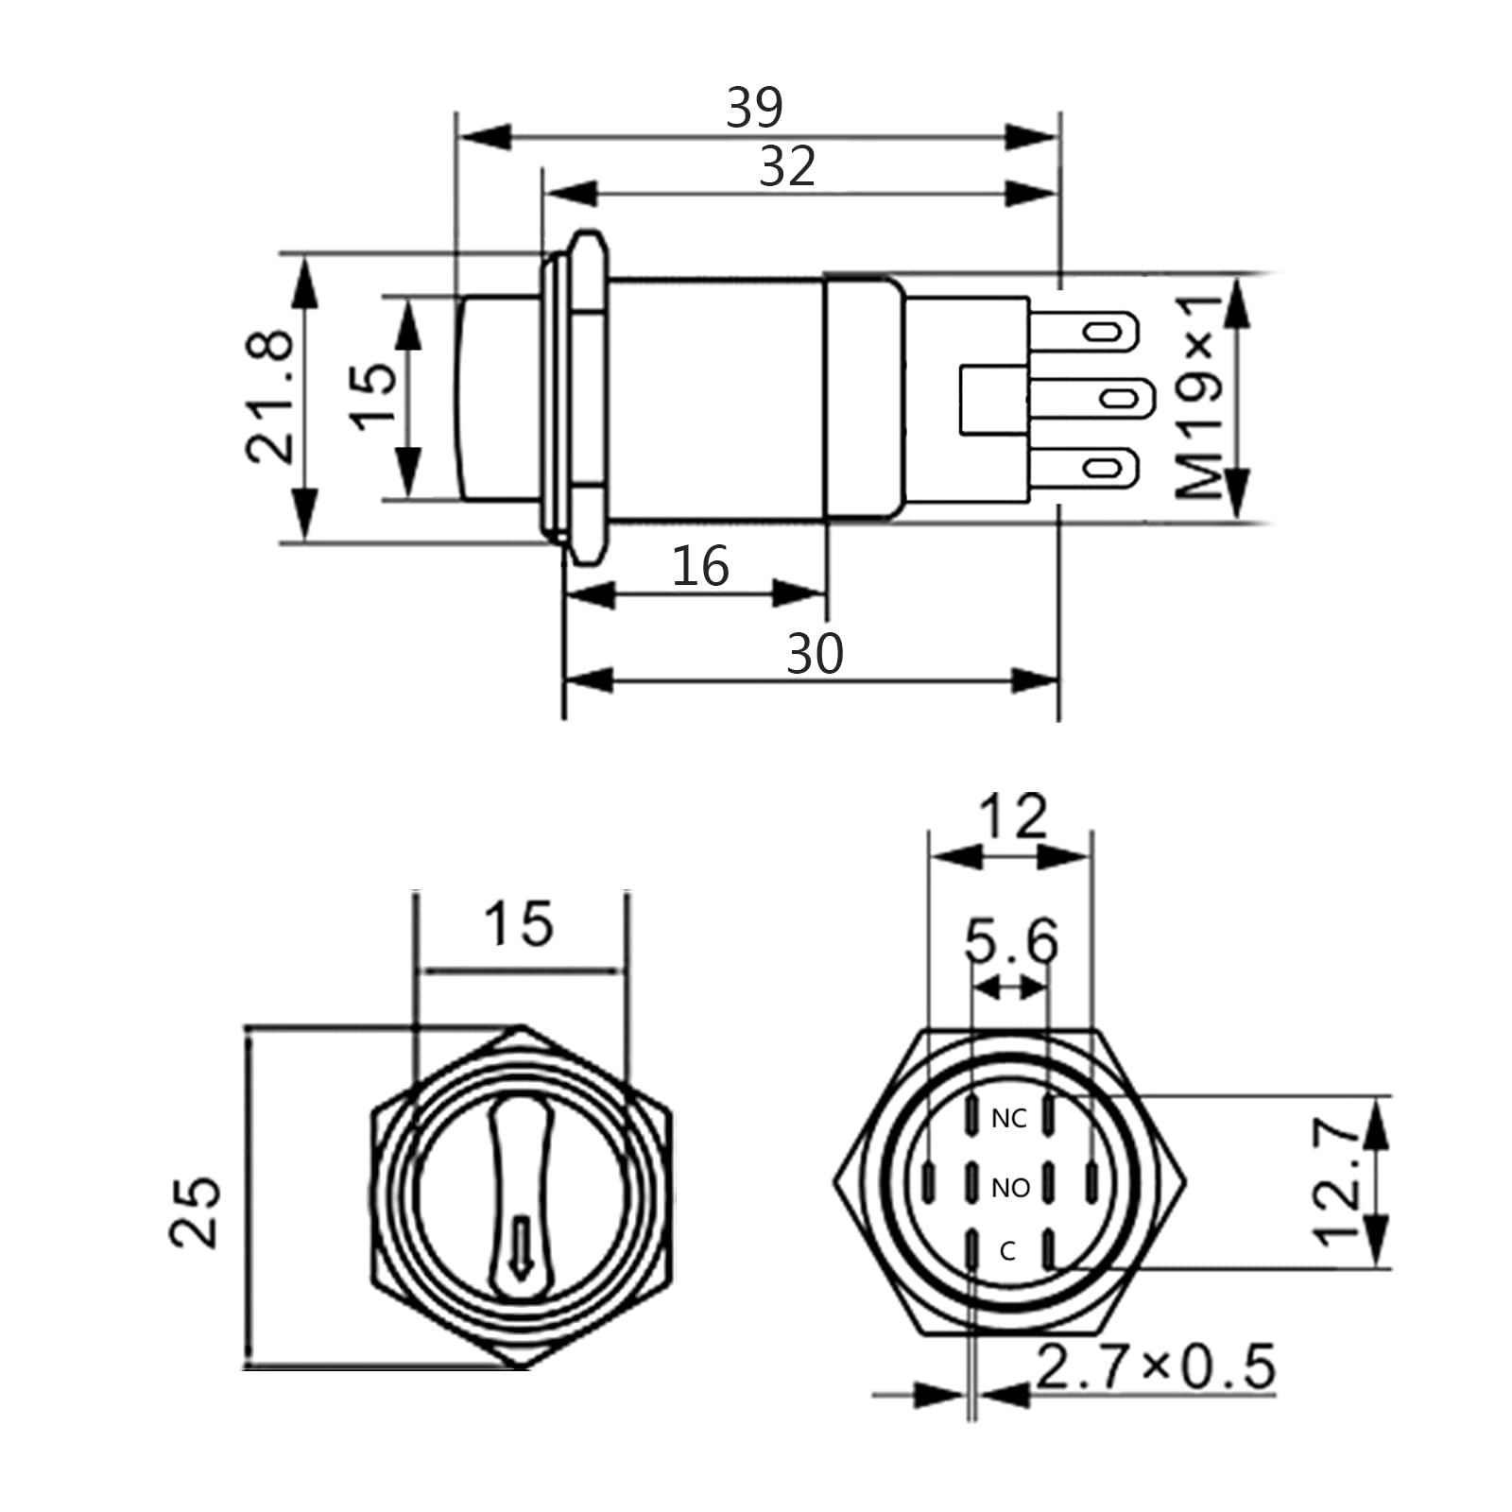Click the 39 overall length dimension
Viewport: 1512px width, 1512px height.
pos(754,108)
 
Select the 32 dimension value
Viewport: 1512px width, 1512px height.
pos(786,167)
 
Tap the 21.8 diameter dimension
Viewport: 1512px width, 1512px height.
pos(270,396)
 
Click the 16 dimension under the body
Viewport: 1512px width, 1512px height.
pos(700,567)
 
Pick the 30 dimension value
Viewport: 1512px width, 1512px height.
pos(814,654)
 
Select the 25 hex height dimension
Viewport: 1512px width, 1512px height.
pos(196,1211)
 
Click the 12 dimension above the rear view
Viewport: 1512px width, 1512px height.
pos(1012,817)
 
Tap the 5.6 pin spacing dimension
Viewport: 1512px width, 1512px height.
pos(1011,941)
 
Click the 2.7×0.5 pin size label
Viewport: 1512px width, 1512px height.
pos(1156,1366)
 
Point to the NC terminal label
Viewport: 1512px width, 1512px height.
pos(1008,1119)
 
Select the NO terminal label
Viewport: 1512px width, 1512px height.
pos(1010,1188)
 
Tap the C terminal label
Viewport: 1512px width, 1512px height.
pos(1007,1251)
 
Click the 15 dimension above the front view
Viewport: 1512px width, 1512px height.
pos(518,924)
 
